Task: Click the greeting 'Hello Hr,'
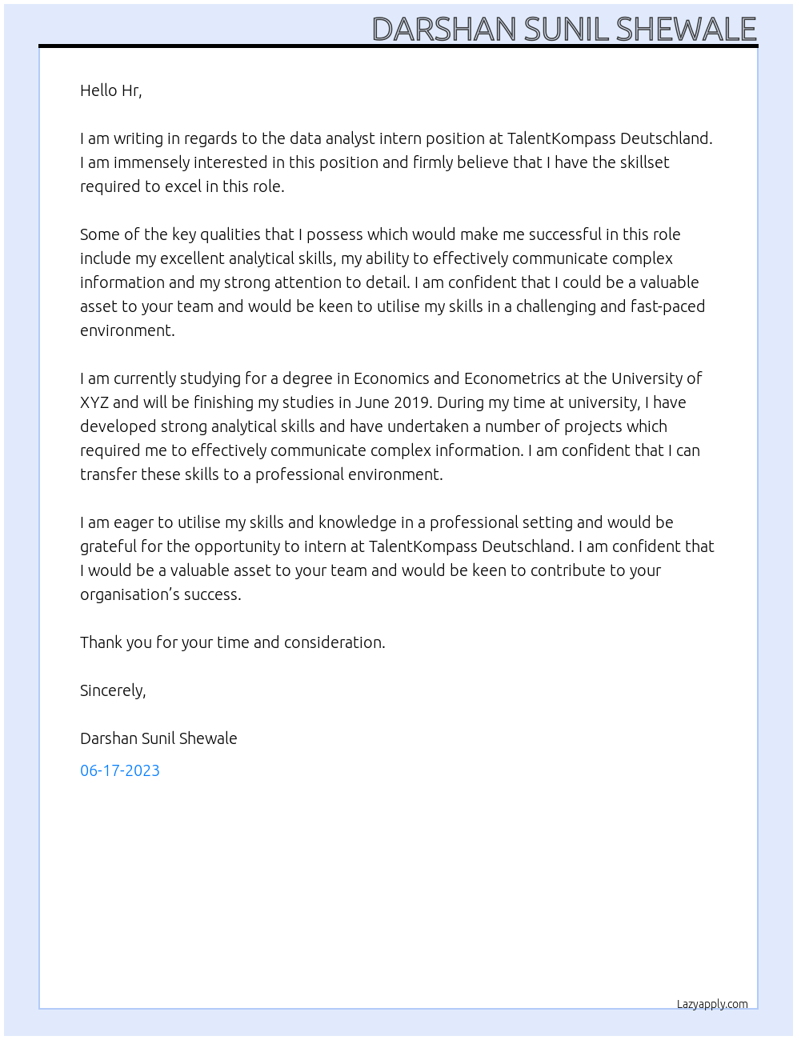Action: click(110, 90)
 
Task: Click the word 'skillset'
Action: click(639, 162)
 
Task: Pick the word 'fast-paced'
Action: click(667, 306)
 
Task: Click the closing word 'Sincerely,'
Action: click(113, 690)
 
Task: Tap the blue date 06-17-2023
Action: click(120, 770)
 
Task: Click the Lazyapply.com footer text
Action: click(712, 1004)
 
